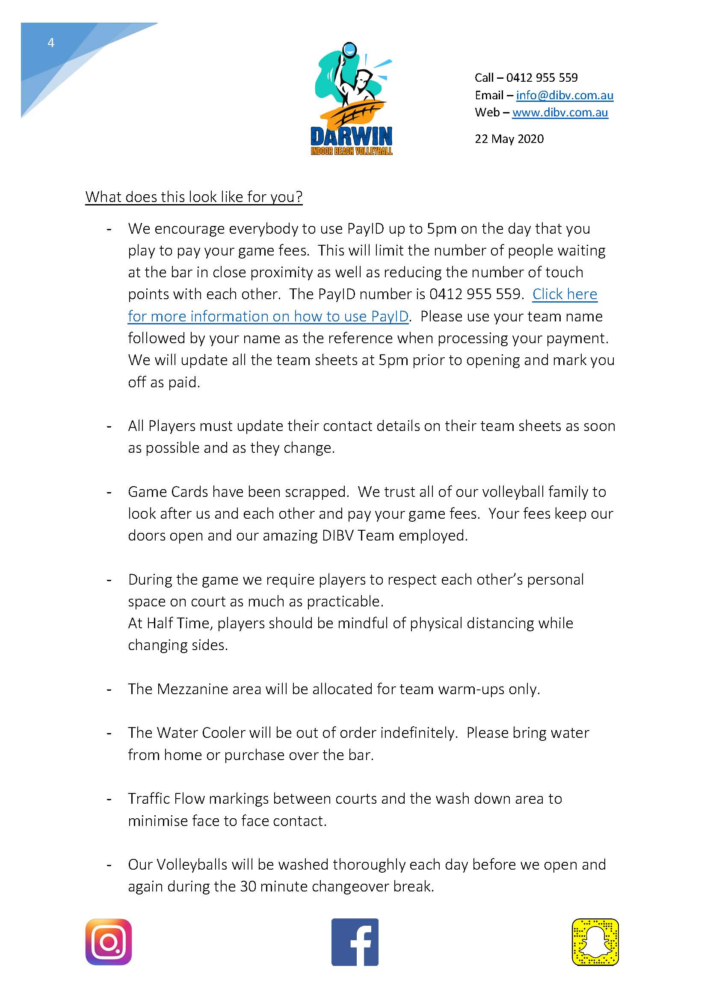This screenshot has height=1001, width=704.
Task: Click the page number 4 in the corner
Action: [51, 43]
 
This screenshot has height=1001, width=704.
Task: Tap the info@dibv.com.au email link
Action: [565, 95]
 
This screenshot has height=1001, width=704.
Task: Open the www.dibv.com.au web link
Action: [560, 113]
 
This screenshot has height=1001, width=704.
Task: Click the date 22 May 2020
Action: [509, 139]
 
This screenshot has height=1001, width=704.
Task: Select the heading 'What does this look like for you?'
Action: [193, 197]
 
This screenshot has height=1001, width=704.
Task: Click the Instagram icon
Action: [109, 942]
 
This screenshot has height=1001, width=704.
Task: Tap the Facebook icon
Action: [355, 942]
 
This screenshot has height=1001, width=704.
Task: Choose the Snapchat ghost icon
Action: [595, 942]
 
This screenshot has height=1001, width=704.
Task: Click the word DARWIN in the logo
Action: [351, 137]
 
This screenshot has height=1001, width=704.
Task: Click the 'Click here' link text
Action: [565, 294]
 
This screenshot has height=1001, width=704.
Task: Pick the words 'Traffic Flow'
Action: [166, 798]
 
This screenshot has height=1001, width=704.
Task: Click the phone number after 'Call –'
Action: [542, 77]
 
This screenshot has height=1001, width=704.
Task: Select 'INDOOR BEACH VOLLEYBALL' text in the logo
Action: [351, 151]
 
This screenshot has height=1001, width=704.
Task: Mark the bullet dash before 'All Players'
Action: [109, 426]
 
